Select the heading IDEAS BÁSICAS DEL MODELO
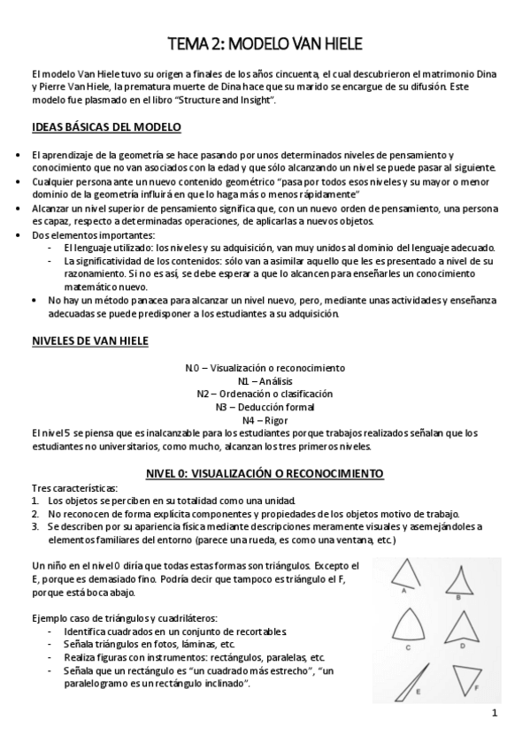pyautogui.click(x=106, y=127)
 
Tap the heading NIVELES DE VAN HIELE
pyautogui.click(x=89, y=341)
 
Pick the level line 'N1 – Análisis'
pyautogui.click(x=265, y=380)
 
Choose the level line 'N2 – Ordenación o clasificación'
pyautogui.click(x=265, y=394)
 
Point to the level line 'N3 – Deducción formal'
pyautogui.click(x=265, y=407)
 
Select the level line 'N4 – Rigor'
pyautogui.click(x=265, y=420)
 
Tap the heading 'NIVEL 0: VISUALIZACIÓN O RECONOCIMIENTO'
pyautogui.click(x=265, y=474)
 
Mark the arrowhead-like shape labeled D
pyautogui.click(x=463, y=627)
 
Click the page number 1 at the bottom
pyautogui.click(x=495, y=714)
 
